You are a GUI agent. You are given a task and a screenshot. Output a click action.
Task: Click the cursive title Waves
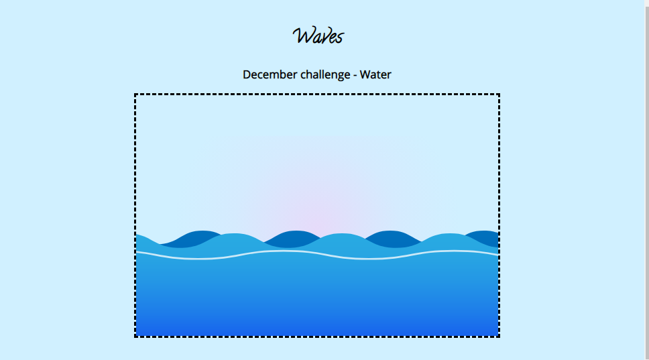pyautogui.click(x=318, y=36)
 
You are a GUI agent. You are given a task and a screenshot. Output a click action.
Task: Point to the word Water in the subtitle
pyautogui.click(x=375, y=74)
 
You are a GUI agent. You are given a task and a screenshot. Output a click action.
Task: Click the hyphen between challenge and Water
pyautogui.click(x=355, y=76)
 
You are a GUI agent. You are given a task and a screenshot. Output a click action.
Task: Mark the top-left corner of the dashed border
pyautogui.click(x=135, y=95)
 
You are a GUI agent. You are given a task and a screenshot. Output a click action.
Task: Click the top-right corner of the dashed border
pyautogui.click(x=499, y=95)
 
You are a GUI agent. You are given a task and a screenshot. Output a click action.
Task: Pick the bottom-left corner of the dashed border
pyautogui.click(x=135, y=337)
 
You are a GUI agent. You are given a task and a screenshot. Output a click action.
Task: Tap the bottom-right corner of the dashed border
pyautogui.click(x=499, y=337)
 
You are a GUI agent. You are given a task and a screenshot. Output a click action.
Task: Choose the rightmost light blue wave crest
pyautogui.click(x=449, y=241)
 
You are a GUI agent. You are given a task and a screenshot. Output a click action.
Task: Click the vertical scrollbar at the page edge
pyautogui.click(x=647, y=180)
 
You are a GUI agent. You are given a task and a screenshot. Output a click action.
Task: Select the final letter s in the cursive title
pyautogui.click(x=339, y=38)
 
